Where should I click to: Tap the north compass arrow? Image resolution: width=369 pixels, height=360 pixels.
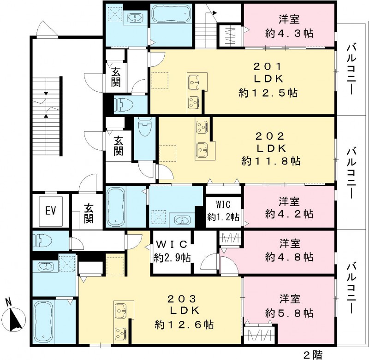(14, 318)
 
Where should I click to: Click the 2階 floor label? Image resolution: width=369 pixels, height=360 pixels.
(312, 354)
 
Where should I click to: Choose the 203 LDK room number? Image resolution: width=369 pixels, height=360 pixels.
(184, 298)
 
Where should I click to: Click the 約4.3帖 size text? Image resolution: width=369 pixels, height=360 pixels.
(290, 33)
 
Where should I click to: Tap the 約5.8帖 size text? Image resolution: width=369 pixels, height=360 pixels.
(290, 313)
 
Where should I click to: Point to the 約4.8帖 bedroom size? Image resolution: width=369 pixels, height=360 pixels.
(290, 256)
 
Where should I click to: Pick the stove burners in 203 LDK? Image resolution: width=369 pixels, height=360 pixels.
(121, 333)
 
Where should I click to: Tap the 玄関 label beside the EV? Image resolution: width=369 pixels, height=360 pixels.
(89, 213)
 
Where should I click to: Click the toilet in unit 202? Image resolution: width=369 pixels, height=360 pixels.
(145, 127)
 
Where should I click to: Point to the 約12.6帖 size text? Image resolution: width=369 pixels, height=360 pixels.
(184, 324)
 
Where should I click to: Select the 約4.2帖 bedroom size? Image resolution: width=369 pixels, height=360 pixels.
(290, 214)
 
